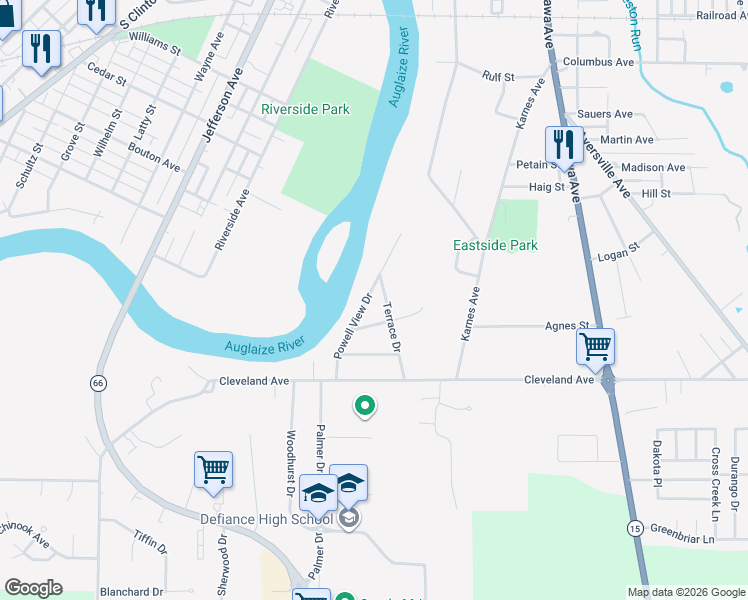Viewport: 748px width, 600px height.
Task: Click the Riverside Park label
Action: coord(305,109)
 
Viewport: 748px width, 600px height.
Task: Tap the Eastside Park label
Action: coord(495,245)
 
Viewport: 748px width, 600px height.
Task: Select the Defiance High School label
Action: coord(266,519)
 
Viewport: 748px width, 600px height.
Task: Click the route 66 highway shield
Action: coord(97,383)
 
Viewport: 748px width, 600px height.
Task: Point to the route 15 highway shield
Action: coord(636,527)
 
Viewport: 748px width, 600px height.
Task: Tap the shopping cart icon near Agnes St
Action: coord(595,347)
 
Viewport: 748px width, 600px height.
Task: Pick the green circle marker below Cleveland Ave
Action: coord(365,405)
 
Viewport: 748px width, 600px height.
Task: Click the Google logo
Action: coord(33,588)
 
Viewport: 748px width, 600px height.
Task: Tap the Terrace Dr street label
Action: coord(392,327)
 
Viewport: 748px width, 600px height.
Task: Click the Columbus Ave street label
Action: coord(598,62)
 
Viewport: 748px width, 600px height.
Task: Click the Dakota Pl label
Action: coord(657,466)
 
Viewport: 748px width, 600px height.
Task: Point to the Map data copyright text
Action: coord(686,591)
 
